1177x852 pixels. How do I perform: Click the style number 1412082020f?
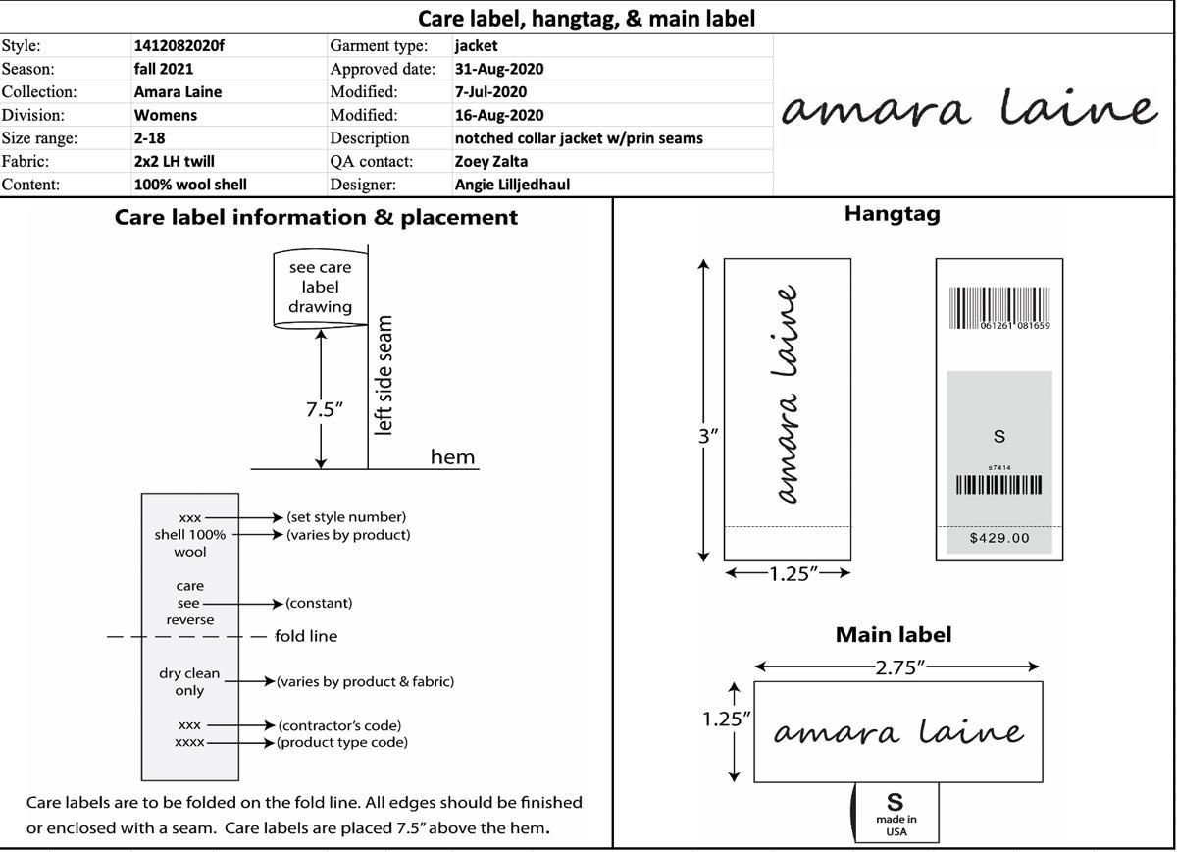point(173,45)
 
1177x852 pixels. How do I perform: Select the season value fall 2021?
point(164,69)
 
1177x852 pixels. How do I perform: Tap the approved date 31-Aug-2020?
point(499,69)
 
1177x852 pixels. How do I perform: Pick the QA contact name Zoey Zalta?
point(491,161)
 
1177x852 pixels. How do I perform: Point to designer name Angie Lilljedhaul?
point(512,185)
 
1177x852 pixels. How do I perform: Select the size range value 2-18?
point(149,138)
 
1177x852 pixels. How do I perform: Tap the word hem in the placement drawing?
point(452,456)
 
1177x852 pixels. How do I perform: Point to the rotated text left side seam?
point(384,375)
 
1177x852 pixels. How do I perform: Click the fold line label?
point(306,636)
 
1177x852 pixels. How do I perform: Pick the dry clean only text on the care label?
point(189,682)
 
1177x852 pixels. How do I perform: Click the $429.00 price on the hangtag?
point(999,538)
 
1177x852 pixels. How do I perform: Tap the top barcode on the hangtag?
point(998,308)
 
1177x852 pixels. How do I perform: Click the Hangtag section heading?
point(892,213)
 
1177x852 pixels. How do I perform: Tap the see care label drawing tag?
point(320,287)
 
